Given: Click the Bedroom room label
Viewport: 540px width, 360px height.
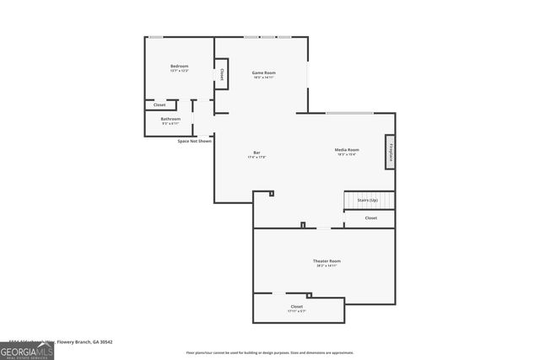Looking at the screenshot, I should [x=179, y=66].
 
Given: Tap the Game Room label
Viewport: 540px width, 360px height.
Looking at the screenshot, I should [x=264, y=73].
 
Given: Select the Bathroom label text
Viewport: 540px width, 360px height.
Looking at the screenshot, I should [x=171, y=119].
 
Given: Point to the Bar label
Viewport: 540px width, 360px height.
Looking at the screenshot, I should [x=256, y=153].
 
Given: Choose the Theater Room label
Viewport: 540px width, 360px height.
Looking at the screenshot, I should [x=327, y=261].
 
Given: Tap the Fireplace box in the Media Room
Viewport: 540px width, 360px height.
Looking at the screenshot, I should [x=391, y=152].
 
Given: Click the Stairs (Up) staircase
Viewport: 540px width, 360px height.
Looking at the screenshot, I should [x=369, y=200].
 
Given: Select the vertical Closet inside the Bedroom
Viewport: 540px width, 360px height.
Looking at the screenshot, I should [x=221, y=74].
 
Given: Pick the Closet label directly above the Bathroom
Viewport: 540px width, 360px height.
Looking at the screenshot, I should [x=159, y=105].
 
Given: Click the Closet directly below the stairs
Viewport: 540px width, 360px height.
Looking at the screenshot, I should [x=370, y=218].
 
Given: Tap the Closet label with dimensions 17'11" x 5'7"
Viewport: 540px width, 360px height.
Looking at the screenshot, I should [x=297, y=306].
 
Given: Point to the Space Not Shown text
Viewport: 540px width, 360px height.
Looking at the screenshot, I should [x=194, y=141].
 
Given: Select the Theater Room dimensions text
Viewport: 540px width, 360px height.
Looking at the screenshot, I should [x=327, y=266].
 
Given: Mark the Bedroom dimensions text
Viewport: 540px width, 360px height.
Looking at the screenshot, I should [x=179, y=71].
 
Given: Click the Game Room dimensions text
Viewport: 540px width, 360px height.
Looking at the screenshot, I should [x=264, y=78].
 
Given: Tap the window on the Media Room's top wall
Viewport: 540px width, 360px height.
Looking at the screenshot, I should [x=349, y=113].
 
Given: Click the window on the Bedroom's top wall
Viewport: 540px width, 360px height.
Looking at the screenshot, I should [x=156, y=36].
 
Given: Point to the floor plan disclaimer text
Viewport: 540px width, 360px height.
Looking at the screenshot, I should [x=270, y=352].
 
